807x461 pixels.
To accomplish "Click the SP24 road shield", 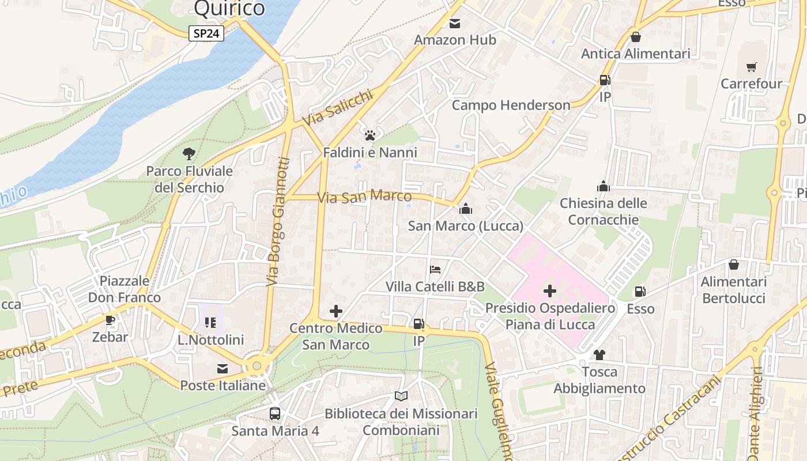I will click(206, 33).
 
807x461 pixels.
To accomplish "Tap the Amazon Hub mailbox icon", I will click(455, 24).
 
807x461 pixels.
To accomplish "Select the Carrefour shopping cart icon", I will click(751, 67).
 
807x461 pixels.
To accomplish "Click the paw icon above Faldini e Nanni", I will click(369, 135).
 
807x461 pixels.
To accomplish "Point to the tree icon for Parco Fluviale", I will click(188, 154).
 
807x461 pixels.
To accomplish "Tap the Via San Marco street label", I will click(364, 197).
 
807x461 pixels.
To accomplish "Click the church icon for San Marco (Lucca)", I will click(465, 209).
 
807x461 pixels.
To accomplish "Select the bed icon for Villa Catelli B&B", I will click(435, 270).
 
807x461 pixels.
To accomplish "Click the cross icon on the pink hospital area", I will click(550, 291).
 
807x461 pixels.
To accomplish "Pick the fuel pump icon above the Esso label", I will click(640, 292).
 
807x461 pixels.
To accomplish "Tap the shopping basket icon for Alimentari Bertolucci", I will click(733, 265).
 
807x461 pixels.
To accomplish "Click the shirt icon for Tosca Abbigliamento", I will click(599, 354).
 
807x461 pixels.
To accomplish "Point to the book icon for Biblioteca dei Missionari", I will click(401, 396).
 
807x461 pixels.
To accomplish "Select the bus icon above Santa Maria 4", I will click(275, 413).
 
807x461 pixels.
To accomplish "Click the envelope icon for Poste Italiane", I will click(223, 368).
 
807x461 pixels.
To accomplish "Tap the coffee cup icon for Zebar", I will click(110, 320).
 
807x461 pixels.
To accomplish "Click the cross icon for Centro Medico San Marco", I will click(335, 312).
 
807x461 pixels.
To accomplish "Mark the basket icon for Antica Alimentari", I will click(635, 37).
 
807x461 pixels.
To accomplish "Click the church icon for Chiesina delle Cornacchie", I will click(603, 186).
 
